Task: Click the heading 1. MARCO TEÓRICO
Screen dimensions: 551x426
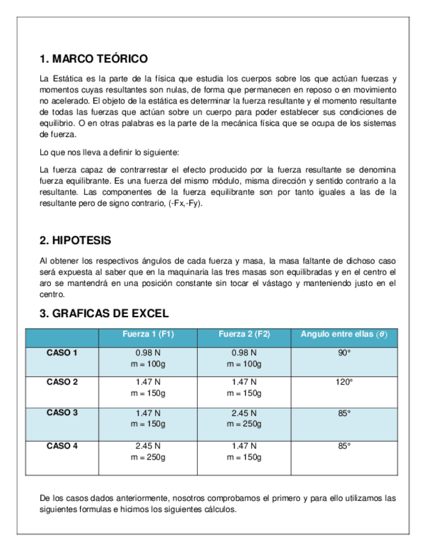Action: (94, 59)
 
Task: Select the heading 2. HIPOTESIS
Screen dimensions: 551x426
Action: (75, 240)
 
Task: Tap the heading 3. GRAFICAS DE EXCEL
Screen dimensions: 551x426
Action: (104, 313)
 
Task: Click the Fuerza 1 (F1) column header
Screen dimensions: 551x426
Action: (148, 335)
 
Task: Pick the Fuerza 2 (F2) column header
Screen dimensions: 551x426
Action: (245, 335)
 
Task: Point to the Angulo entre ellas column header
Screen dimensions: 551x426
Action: (343, 335)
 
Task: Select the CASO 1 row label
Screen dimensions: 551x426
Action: (62, 353)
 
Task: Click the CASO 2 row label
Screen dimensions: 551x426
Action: (62, 382)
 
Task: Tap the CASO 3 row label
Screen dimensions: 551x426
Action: (62, 413)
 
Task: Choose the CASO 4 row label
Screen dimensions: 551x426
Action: (62, 446)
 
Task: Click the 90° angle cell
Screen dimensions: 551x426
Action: (344, 353)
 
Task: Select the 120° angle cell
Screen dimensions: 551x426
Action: (344, 382)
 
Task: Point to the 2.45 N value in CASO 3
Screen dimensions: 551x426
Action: (245, 413)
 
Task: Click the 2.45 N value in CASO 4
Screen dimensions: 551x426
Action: (148, 446)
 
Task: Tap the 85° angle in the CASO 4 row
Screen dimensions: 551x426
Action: (344, 446)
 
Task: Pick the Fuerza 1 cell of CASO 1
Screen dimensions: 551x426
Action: (148, 358)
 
